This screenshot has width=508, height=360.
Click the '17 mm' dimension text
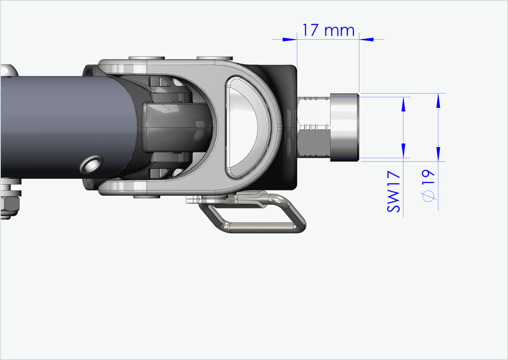point(328,30)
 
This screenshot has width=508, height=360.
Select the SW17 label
point(394,192)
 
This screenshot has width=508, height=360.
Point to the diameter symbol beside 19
point(428,197)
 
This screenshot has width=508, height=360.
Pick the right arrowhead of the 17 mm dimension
point(367,39)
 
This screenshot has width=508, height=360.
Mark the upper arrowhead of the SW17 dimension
point(403,105)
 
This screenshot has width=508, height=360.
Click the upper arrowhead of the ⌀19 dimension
point(439,101)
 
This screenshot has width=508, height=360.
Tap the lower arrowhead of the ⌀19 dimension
point(439,154)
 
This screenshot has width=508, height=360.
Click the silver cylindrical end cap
point(344,127)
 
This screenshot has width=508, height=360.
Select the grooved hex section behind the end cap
point(314,127)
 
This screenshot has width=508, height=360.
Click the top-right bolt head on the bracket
point(214,58)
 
